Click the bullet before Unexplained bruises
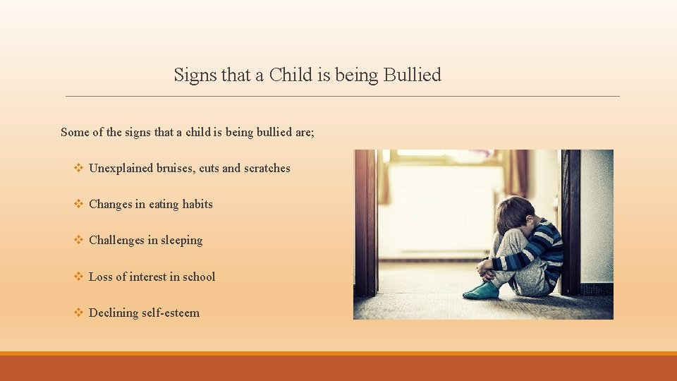(79, 168)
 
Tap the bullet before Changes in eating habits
(79, 204)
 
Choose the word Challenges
(116, 240)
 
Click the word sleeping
(181, 241)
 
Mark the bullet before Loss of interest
(79, 277)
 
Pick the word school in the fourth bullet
(199, 277)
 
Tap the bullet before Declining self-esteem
(79, 313)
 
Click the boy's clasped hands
(485, 267)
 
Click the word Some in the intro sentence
(75, 132)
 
